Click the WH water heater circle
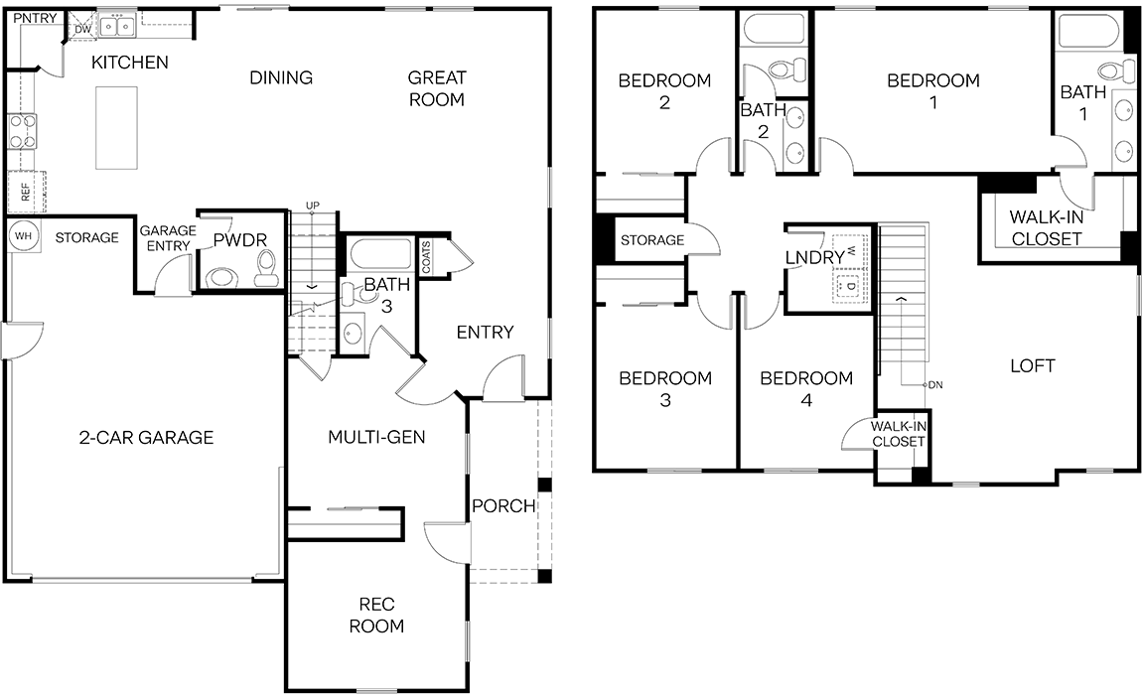point(23,236)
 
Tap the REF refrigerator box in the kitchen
point(26,192)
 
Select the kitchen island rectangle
point(116,127)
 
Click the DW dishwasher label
point(83,29)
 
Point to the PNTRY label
point(35,18)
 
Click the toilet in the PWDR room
point(265,268)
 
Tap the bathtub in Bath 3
point(381,255)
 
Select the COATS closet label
point(426,256)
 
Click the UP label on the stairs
point(313,206)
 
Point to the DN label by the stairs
point(935,385)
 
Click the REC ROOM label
point(376,615)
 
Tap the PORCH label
point(503,505)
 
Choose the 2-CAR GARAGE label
point(146,438)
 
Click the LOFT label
point(1033,366)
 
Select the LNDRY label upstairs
point(815,258)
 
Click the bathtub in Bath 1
point(1088,33)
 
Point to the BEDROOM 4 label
point(806,388)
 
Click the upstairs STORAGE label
point(652,240)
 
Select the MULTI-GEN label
point(376,438)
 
